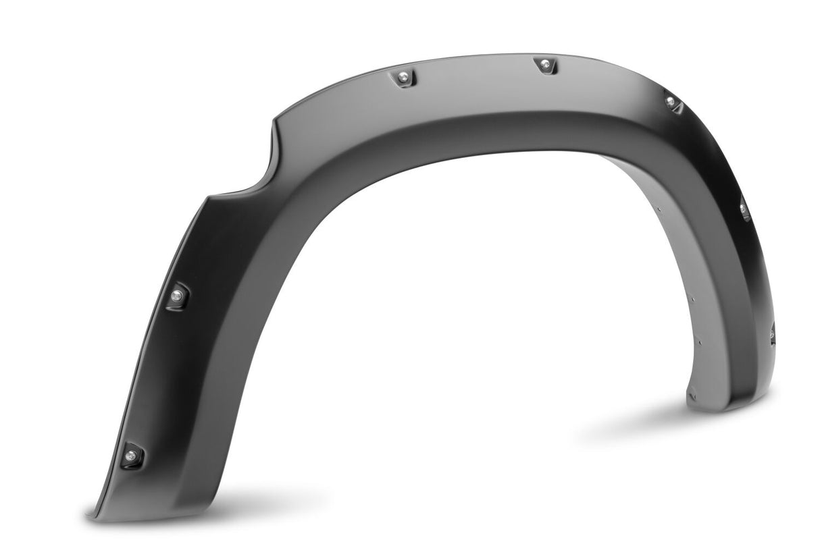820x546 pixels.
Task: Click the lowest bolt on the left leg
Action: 130,456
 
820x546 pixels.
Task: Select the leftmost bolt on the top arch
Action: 403,78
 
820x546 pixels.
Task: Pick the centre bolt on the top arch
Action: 545,65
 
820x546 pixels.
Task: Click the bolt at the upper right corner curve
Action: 671,102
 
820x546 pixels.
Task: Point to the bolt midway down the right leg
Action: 744,210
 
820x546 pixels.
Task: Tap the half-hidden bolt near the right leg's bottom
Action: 772,333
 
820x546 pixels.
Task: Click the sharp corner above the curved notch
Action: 274,122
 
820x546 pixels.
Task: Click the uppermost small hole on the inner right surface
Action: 659,209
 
